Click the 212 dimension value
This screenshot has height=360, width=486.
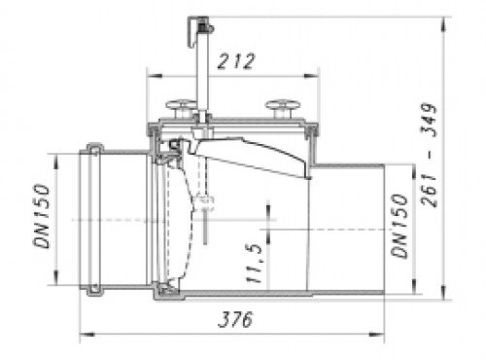point(236,61)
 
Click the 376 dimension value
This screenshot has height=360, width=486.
point(235,319)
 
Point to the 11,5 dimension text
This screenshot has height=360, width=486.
point(255,263)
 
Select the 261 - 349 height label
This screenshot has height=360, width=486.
point(430,155)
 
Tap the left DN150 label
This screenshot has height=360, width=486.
point(42,216)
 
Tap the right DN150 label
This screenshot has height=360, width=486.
point(399,226)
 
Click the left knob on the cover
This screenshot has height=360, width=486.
point(182,108)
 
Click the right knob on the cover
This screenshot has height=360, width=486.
point(283,108)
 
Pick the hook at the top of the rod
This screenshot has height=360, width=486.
point(199,30)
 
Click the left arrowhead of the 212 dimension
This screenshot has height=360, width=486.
point(155,76)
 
